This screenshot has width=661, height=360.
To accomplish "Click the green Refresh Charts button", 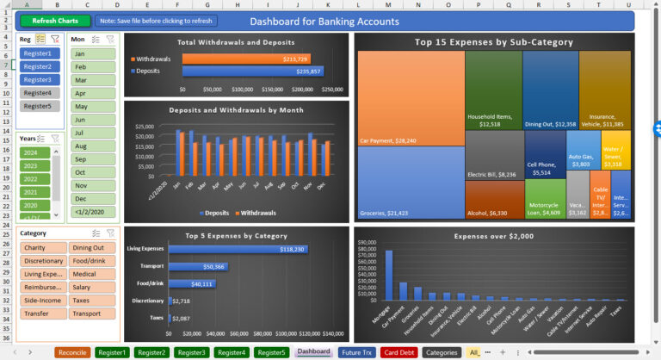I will [55, 21].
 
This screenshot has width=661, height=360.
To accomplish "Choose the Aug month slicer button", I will [92, 146].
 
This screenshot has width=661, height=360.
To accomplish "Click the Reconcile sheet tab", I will [71, 352].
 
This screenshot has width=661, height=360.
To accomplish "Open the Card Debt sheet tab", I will [399, 352].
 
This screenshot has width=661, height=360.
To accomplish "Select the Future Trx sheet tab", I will [356, 352].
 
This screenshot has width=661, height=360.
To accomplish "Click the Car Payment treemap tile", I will [411, 96].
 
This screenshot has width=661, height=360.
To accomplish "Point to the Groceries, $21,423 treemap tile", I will [411, 181].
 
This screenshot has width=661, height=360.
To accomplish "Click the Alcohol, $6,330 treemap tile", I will [494, 200].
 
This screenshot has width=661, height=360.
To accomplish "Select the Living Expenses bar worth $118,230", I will [238, 249].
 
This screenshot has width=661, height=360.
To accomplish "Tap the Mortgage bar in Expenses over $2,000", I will [388, 275].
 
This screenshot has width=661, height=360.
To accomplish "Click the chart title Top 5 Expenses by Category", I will [235, 235].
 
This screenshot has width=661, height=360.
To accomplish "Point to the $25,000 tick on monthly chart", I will [144, 127].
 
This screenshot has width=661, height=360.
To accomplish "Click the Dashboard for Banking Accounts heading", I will [324, 22].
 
